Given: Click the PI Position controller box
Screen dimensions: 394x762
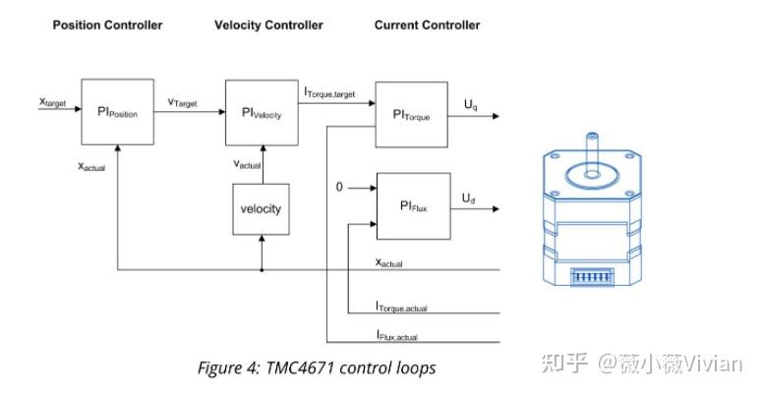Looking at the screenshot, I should click(x=117, y=113).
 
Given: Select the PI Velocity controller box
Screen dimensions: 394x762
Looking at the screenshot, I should click(x=262, y=113).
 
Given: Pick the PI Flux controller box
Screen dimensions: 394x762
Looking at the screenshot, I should click(x=413, y=205).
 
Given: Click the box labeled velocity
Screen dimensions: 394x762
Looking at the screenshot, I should click(x=262, y=208).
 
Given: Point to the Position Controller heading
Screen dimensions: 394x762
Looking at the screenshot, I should click(x=107, y=25).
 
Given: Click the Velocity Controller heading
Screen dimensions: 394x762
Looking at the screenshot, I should click(x=268, y=25).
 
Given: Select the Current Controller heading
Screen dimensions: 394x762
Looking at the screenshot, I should click(x=427, y=25).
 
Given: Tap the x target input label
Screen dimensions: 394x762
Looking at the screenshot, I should click(x=52, y=101).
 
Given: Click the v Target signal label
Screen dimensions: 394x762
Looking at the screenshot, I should click(x=182, y=102).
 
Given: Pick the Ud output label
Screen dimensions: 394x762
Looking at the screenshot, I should click(x=470, y=197).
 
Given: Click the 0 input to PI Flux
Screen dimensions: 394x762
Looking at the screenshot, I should click(x=339, y=186).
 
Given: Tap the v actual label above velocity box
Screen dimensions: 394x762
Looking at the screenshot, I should click(x=247, y=164).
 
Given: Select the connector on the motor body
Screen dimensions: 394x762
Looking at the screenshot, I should click(x=594, y=278).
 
